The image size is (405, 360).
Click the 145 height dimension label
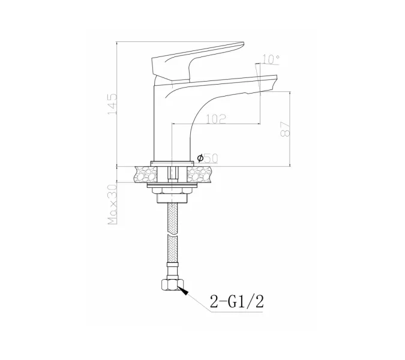click(x=112, y=104)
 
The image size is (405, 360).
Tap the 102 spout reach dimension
click(x=216, y=119)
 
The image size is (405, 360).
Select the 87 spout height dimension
click(x=285, y=129)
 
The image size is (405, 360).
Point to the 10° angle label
click(x=271, y=59)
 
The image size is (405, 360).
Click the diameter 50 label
click(x=208, y=158)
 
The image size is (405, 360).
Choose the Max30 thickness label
click(x=112, y=205)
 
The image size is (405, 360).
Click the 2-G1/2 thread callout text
click(x=236, y=301)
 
